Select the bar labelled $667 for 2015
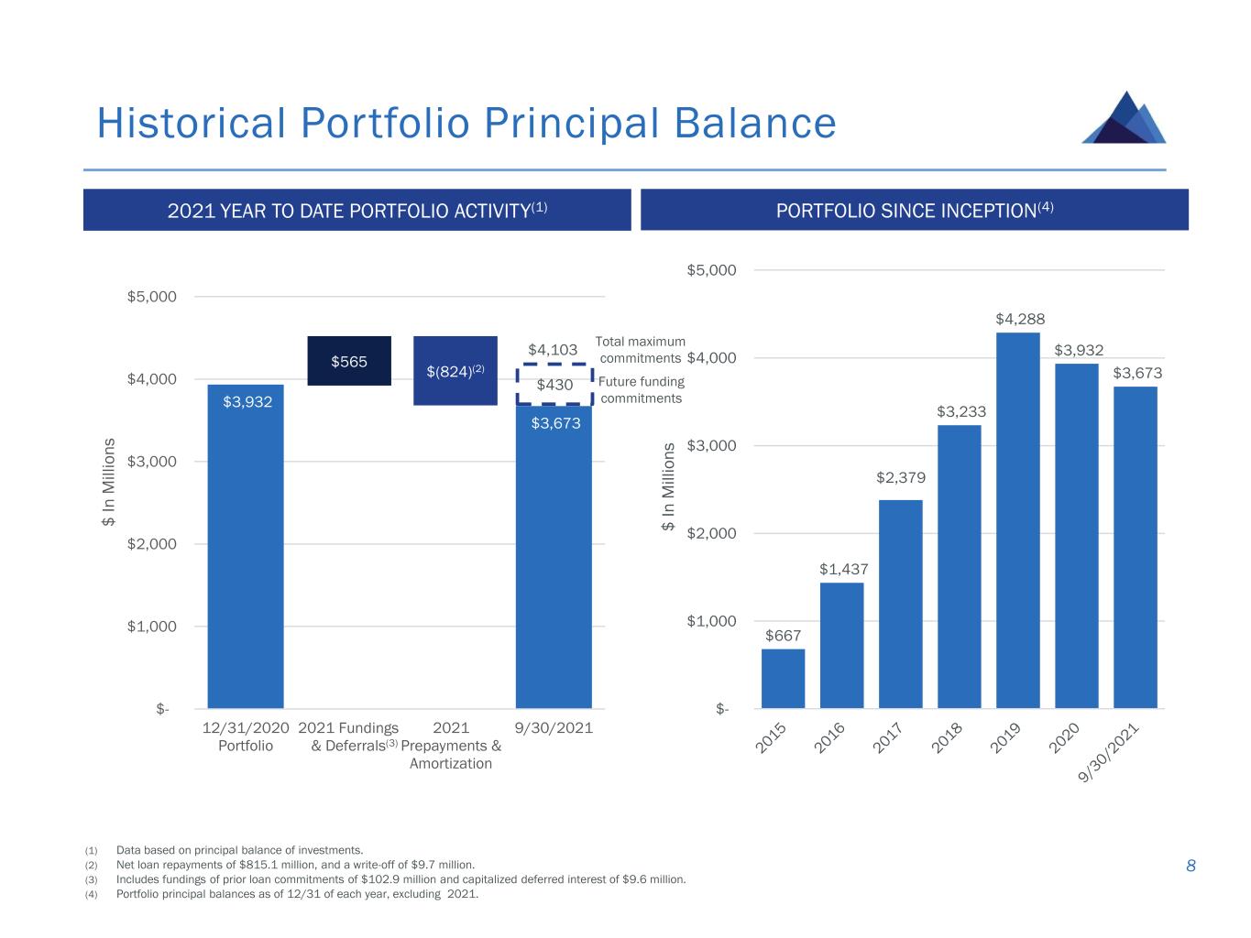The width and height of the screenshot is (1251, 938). point(783,679)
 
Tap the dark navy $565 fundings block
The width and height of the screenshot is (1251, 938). point(349,361)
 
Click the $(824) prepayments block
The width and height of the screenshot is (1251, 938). point(455,371)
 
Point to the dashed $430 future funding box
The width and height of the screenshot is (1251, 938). point(554,385)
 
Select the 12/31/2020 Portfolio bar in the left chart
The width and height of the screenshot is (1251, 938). point(246,550)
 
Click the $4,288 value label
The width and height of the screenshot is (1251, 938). point(1020,319)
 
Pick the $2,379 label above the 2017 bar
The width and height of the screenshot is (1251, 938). point(901,477)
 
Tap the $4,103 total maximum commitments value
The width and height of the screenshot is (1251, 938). point(553,350)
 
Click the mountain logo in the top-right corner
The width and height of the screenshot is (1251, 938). point(1125,118)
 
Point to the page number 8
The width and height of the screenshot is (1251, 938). point(1191,866)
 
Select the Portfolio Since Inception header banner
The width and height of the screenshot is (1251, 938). point(914,210)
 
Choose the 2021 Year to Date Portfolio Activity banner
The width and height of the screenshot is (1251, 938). point(357,210)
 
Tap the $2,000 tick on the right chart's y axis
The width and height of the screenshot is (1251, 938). point(712,533)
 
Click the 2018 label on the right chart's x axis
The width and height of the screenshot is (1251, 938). point(947,738)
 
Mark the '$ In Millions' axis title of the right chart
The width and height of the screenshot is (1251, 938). point(669,486)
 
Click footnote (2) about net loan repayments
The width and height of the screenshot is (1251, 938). point(295,865)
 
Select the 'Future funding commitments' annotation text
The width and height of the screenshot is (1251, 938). point(641,390)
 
